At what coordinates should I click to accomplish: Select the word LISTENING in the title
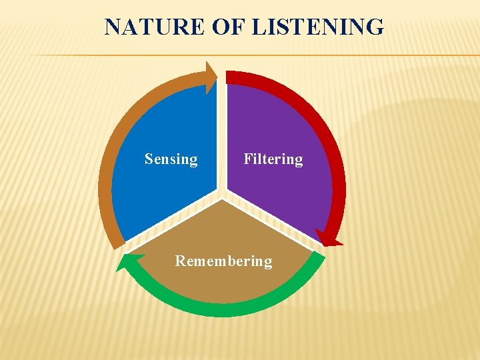317,27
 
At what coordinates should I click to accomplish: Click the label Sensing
171,159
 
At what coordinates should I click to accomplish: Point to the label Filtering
273,159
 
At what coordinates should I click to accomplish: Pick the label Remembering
223,261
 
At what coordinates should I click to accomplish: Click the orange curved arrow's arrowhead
212,76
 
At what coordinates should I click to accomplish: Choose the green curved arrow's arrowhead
127,263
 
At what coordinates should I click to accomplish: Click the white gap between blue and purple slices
222,133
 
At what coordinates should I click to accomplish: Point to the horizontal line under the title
267,55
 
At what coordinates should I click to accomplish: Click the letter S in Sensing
149,159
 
